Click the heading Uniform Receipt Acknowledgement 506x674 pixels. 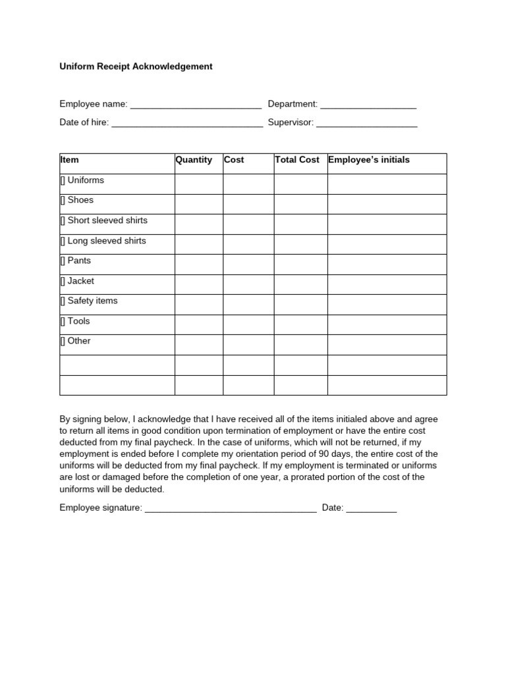click(x=136, y=66)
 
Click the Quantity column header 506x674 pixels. click(x=194, y=160)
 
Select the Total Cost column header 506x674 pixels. click(x=297, y=160)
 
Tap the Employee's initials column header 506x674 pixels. click(x=369, y=160)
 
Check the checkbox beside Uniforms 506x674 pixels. click(x=63, y=181)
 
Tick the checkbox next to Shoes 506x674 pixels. click(x=63, y=201)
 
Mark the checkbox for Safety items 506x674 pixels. click(x=63, y=301)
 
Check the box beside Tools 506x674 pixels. click(x=63, y=322)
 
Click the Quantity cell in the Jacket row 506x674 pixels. click(x=199, y=284)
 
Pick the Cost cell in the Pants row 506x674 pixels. click(x=248, y=264)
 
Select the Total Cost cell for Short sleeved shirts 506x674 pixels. click(x=300, y=224)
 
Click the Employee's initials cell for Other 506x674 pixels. click(x=387, y=344)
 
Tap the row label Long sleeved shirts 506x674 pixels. click(x=107, y=241)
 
